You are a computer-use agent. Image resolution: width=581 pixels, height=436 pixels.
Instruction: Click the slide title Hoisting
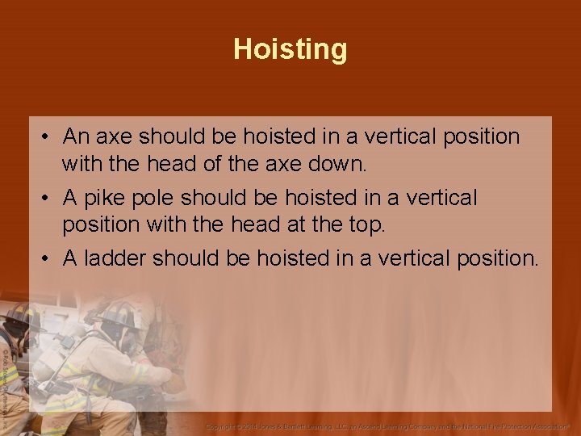[290, 49]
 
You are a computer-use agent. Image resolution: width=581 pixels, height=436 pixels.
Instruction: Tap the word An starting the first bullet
[77, 136]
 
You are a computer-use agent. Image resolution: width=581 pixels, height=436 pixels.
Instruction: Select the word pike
[103, 198]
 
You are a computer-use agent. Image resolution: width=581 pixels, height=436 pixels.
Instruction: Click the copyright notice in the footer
[387, 425]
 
